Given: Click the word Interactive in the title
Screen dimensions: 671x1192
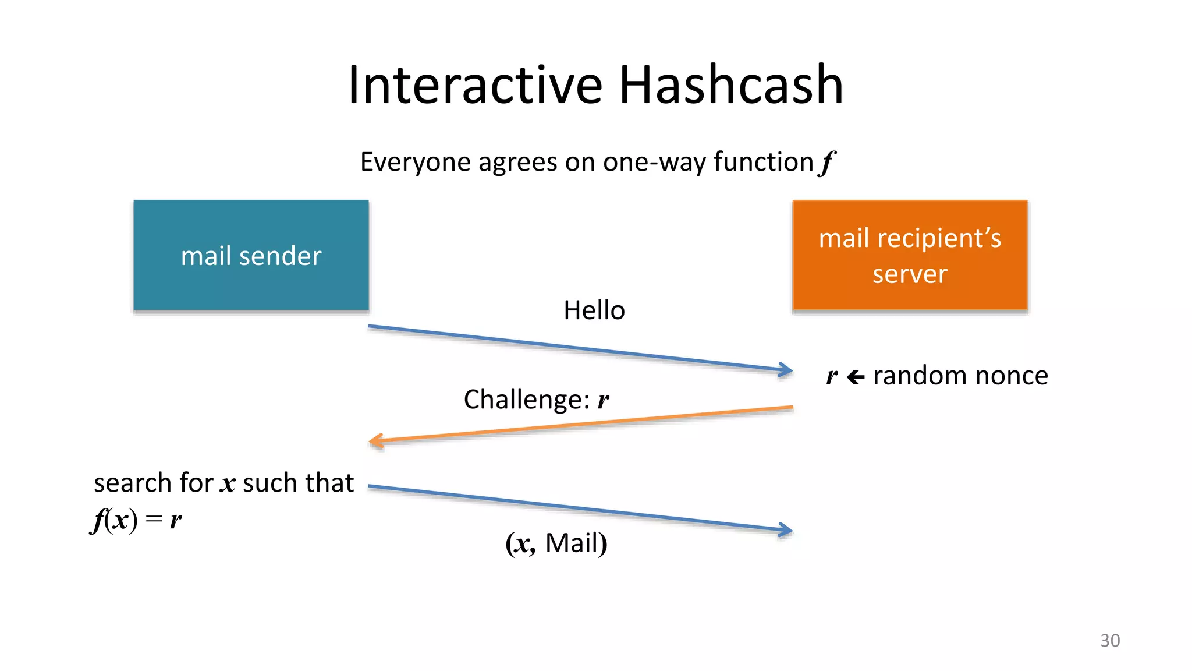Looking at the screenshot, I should pos(474,85).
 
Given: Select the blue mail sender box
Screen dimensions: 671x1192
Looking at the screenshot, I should pos(251,255).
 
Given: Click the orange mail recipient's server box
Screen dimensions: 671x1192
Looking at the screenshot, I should pos(910,255).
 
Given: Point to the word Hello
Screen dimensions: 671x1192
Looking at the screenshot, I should pos(594,310).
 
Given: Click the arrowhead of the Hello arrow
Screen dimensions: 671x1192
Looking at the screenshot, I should pos(787,369).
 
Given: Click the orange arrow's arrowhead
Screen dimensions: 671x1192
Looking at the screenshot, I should pos(375,441).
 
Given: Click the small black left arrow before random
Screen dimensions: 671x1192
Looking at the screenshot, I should pos(855,377).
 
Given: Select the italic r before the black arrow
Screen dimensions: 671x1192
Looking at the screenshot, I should pos(832,377).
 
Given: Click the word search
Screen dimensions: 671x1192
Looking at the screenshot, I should pos(133,483).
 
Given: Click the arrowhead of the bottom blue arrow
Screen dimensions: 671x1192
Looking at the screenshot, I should pos(787,529).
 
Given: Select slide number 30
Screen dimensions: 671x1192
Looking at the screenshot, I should pos(1109,640).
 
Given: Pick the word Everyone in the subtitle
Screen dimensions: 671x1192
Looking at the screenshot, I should pos(416,162).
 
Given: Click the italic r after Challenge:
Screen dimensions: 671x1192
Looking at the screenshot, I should pos(603,400).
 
